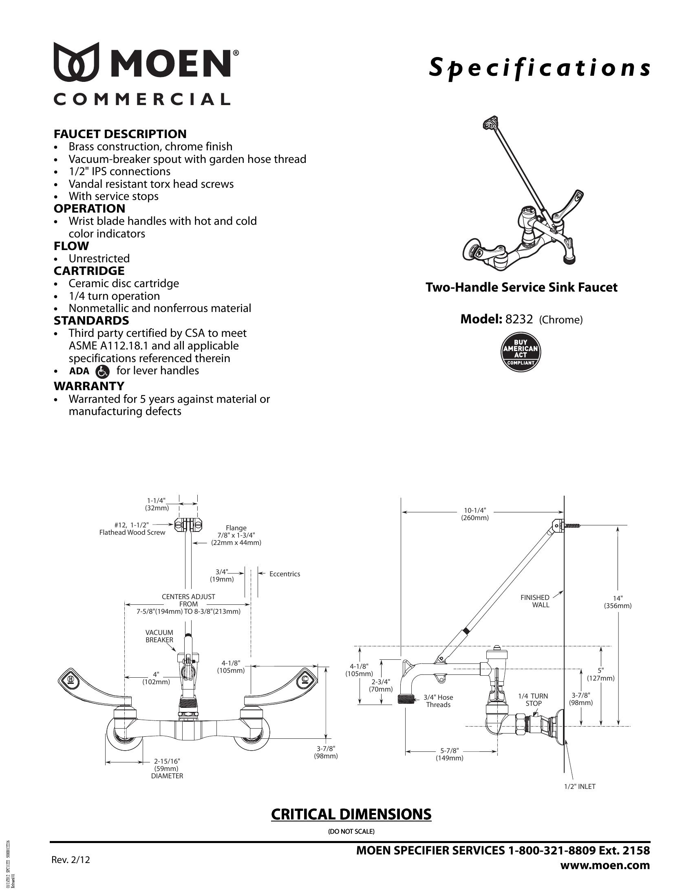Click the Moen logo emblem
point(77,61)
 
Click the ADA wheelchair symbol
point(102,371)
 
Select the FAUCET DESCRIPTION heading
point(120,134)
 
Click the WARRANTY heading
point(89,386)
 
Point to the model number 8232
point(519,319)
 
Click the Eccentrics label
point(285,574)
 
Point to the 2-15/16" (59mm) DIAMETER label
point(167,769)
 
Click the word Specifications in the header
point(539,68)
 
